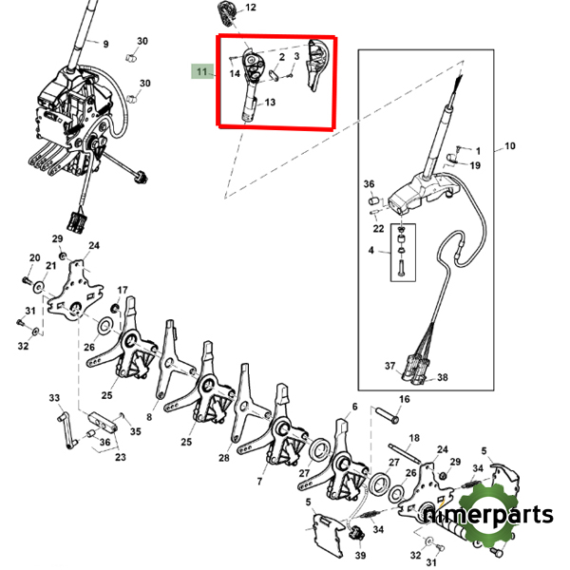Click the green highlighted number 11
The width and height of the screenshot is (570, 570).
[200, 71]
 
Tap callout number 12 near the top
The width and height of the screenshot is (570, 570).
[251, 8]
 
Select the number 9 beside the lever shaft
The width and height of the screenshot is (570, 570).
[105, 44]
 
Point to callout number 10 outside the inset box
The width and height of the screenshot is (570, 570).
[509, 146]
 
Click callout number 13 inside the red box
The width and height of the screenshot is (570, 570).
[270, 103]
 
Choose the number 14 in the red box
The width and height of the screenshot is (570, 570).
[234, 72]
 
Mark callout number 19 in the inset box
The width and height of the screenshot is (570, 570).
[475, 165]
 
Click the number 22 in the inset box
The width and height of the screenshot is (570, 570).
[378, 228]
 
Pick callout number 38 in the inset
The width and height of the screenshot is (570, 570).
[442, 377]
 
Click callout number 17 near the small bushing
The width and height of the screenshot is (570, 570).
[123, 290]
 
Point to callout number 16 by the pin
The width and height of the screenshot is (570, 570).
[404, 399]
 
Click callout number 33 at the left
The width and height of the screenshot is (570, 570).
[54, 397]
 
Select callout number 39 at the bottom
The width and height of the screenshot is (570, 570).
[360, 555]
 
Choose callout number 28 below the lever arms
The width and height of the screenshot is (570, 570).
[224, 458]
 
